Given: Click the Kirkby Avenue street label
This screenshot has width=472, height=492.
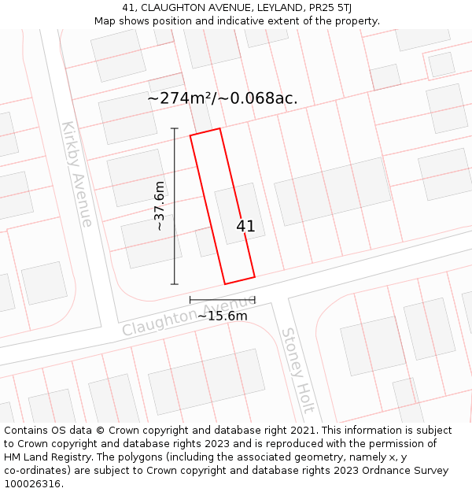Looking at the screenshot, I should coord(77,174).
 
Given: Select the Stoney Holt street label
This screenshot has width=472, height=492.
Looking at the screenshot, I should coord(298,370).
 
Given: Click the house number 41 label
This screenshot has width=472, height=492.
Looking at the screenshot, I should coord(245,226).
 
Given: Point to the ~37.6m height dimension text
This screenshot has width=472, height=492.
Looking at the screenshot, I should coord(160,205).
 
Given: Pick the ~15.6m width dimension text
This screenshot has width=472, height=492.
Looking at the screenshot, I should coord(222,316).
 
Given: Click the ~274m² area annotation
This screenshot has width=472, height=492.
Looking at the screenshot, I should coord(223,98).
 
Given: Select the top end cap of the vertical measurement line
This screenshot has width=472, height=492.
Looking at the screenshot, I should coord(175,128).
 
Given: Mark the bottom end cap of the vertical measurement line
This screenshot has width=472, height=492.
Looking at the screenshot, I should coord(175,284).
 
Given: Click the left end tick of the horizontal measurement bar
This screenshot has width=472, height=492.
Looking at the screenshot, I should coord(190,300).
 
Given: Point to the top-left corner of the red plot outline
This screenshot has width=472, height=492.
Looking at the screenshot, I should coord(190,135).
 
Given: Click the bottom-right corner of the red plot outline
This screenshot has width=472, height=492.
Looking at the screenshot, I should coord(255,276).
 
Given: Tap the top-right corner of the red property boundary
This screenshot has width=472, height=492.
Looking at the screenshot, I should coord(219,128).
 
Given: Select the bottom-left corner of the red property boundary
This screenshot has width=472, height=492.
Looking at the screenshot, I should coord(225,284).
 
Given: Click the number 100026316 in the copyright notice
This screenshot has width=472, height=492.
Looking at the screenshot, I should coord(31,484).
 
